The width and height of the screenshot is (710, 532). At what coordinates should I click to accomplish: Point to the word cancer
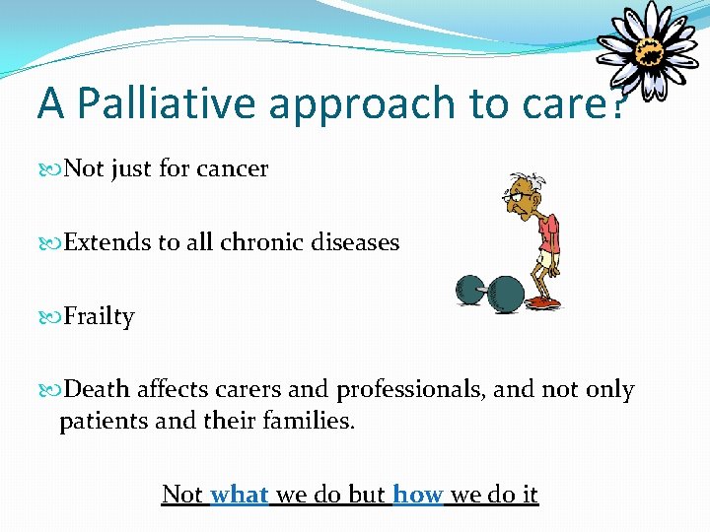pyautogui.click(x=230, y=169)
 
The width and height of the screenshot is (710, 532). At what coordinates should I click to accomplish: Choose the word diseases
pyautogui.click(x=358, y=242)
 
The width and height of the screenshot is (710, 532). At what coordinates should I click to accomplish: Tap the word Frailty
pyautogui.click(x=99, y=317)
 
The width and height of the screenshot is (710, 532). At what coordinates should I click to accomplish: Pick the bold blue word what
pyautogui.click(x=240, y=494)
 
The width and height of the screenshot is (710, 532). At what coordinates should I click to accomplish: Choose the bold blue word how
pyautogui.click(x=418, y=494)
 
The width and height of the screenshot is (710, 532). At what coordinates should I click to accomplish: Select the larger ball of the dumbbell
pyautogui.click(x=507, y=293)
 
